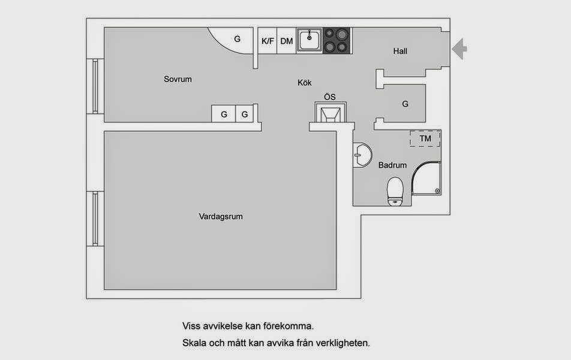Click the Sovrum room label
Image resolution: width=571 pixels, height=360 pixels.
click(178, 79)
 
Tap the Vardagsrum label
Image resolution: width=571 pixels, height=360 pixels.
click(221, 217)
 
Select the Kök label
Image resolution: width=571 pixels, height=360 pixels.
click(305, 83)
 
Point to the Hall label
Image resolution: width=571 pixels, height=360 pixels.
click(400, 51)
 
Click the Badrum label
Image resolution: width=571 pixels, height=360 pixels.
click(392, 165)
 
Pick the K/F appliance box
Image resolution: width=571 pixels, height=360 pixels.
click(268, 41)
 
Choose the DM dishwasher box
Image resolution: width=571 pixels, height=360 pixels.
click(287, 41)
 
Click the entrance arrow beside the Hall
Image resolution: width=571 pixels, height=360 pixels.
click(459, 49)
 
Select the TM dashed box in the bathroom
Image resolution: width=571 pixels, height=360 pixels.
click(425, 139)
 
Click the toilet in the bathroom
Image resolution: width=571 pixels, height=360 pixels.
click(395, 191)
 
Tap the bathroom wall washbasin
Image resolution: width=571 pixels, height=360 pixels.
click(362, 155)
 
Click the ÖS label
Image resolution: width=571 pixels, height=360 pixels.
click(329, 97)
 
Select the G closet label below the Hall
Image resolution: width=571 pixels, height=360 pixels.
click(405, 104)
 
